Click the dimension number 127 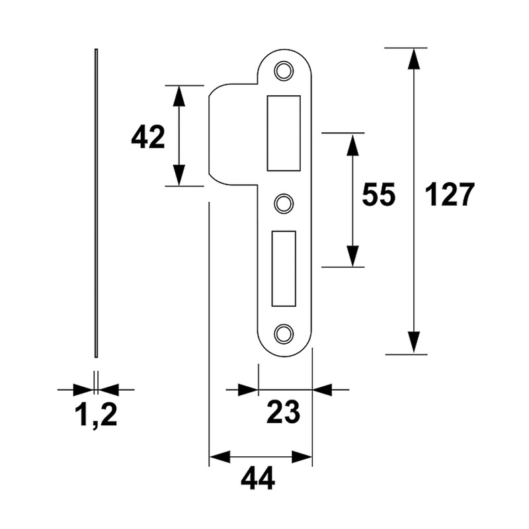pos(449,195)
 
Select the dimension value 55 pos(378,195)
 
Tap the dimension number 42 pos(147,138)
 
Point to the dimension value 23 pos(283,413)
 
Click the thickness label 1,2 pos(96,415)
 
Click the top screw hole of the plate pos(284,70)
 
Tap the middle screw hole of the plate pos(284,203)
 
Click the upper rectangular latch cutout pos(283,132)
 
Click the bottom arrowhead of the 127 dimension pos(414,343)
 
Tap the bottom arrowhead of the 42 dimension pos(179,175)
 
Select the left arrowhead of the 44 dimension pos(220,457)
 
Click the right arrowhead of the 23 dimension pos(323,389)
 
